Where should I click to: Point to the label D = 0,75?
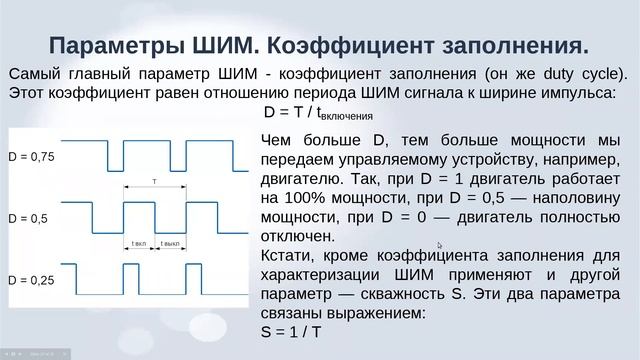pos(32,156)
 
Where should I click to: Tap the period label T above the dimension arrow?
pos(154,181)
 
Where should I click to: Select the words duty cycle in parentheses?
pos(580,73)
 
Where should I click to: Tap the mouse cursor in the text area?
pos(439,244)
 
